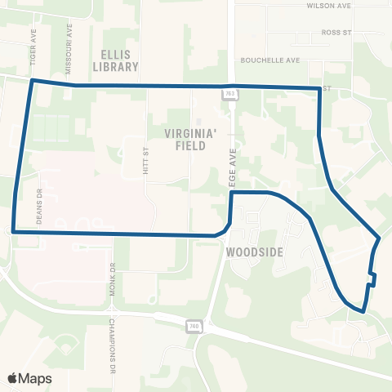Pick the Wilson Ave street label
point(328,5)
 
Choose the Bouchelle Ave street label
point(270,60)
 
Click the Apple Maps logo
point(29,378)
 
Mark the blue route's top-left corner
point(32,81)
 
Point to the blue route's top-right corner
point(318,87)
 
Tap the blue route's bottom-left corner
point(14,232)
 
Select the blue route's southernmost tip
point(362,311)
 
